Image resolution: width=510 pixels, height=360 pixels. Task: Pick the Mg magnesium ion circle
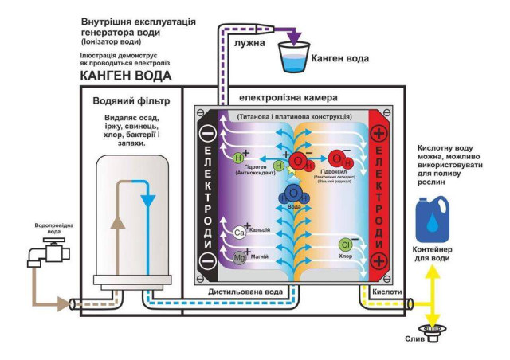239,257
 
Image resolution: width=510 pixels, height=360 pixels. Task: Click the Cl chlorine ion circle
346,245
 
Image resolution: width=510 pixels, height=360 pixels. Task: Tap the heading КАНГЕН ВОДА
126,76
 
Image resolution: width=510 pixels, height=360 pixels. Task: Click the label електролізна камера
288,98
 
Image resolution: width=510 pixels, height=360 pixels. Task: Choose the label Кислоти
386,292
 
